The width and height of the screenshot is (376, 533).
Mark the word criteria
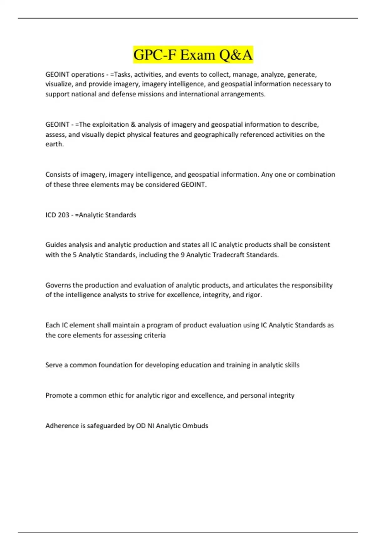pyautogui.click(x=154, y=335)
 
